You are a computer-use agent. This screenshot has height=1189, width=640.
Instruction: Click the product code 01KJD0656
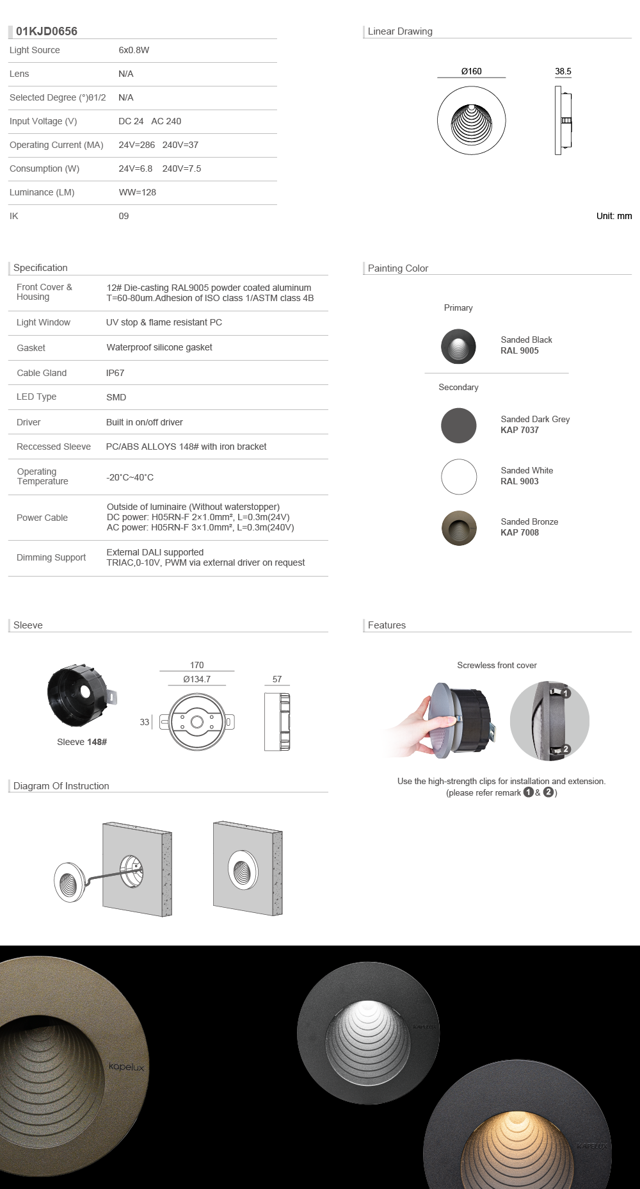(x=47, y=31)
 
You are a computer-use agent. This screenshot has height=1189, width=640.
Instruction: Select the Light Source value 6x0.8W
(x=134, y=50)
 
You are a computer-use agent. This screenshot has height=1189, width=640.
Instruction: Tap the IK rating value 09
(x=124, y=216)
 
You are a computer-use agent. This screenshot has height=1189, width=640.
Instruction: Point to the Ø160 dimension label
(x=471, y=71)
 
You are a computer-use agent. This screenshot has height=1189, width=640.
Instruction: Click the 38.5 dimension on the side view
(x=563, y=71)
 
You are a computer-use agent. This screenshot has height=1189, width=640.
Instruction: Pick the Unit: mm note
(x=614, y=216)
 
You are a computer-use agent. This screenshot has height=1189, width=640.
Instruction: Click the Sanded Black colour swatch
(x=458, y=346)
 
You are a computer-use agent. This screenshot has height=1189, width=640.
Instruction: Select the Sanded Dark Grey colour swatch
(x=458, y=425)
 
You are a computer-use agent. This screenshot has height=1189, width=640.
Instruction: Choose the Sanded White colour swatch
(x=458, y=477)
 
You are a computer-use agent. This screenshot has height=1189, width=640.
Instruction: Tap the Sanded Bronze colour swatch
(x=458, y=528)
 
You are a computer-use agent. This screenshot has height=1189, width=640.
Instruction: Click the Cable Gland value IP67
(x=115, y=373)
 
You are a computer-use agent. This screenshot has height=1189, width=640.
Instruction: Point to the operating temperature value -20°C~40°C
(x=130, y=477)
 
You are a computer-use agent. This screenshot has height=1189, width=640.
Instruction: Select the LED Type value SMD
(x=116, y=397)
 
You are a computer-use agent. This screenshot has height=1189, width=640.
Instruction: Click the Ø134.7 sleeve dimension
(x=196, y=679)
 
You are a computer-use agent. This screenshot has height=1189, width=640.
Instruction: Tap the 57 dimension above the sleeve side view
(x=277, y=679)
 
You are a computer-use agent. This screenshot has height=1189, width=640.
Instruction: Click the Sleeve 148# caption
(x=82, y=742)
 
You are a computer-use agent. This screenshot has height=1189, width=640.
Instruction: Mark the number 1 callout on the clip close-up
(x=566, y=693)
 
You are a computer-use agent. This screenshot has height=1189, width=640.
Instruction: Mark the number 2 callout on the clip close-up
(x=566, y=749)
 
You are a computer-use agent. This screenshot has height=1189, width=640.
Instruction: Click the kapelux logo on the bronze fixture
(x=126, y=1067)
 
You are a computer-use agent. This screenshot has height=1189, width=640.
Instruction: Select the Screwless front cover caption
(x=497, y=665)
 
